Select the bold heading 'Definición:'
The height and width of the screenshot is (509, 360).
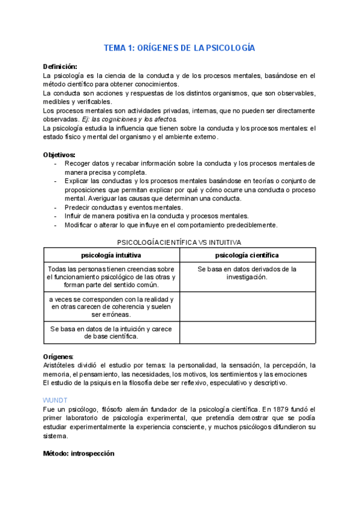60,66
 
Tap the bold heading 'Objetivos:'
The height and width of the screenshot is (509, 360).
59,154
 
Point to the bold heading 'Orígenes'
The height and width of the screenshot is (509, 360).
58,356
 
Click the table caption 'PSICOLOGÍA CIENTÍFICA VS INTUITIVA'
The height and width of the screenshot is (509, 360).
179,242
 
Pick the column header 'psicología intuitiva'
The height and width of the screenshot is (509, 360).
112,255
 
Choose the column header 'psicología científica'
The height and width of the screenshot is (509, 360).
247,255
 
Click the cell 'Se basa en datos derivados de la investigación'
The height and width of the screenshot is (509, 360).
247,273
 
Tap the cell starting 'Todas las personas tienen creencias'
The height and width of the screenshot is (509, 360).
112,277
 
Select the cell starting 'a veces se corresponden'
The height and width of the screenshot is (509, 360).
112,307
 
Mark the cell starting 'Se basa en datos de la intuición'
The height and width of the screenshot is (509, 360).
112,333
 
